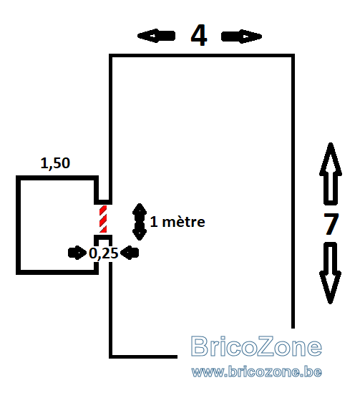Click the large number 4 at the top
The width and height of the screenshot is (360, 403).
(x=199, y=36)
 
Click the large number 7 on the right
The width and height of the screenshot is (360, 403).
(x=331, y=224)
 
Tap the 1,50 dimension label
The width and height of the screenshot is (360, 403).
(x=55, y=163)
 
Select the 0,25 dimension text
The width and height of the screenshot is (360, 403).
(x=103, y=253)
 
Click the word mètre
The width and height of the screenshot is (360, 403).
(x=183, y=222)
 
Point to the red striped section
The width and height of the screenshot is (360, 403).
(x=103, y=219)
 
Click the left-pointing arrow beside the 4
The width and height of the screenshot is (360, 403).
(x=157, y=36)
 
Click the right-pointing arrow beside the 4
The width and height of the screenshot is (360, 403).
(x=241, y=37)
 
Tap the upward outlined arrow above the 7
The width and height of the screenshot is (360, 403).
(x=331, y=174)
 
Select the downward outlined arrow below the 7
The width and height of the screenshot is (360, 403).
(x=330, y=273)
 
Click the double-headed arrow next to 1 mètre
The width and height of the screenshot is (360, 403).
(x=140, y=222)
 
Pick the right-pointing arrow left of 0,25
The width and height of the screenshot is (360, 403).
(x=77, y=253)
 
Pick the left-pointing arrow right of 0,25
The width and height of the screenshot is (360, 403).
(x=130, y=253)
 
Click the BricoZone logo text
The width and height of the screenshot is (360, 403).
(x=256, y=346)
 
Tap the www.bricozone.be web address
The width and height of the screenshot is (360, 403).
(x=257, y=372)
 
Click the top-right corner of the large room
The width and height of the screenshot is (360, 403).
(x=293, y=56)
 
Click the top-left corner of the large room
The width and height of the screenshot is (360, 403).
(x=111, y=56)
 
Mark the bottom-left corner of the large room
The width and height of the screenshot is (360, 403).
(x=111, y=356)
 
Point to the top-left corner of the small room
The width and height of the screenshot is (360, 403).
(x=18, y=178)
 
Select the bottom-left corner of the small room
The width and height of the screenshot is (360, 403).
(x=18, y=273)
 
